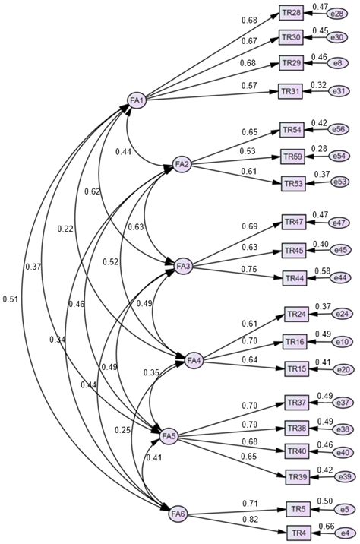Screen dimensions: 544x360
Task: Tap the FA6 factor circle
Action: pos(178,515)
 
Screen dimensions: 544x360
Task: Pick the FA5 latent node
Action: pos(169,436)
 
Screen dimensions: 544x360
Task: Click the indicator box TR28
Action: pos(292,13)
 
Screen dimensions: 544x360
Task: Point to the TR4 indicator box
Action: pos(298,531)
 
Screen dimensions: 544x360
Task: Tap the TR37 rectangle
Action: pos(297,402)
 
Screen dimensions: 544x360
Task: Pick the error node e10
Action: pos(343,341)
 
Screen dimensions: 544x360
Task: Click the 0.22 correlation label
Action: pos(65,229)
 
